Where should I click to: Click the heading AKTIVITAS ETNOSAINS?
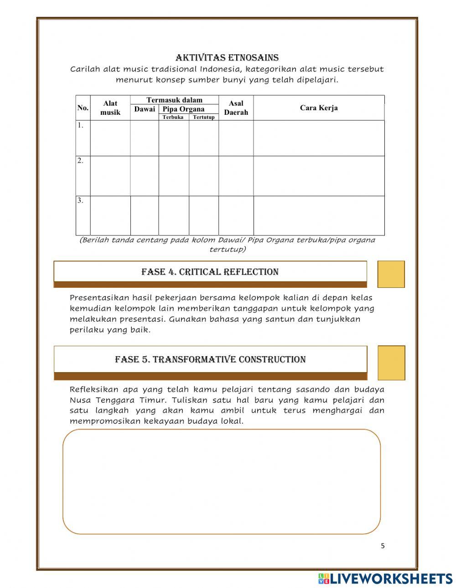227,57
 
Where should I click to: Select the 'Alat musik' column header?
110,108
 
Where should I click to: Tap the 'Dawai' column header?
145,109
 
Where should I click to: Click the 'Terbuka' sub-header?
173,118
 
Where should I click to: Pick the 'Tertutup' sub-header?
203,118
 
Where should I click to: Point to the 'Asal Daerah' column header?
236,108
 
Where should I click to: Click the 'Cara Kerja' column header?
319,108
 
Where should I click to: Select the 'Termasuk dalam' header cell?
174,100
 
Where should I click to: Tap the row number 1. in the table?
81,126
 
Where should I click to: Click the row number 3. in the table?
81,200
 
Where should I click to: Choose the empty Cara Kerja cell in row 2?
319,176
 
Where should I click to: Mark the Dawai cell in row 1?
145,138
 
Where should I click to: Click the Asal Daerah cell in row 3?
236,215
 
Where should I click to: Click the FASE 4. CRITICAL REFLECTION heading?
210,272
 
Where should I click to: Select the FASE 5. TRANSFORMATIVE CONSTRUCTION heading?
210,359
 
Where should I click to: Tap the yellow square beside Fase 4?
391,274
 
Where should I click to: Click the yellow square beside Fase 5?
391,363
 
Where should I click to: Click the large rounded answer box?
222,481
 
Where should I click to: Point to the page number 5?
383,546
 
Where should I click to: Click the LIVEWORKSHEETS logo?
385,578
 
